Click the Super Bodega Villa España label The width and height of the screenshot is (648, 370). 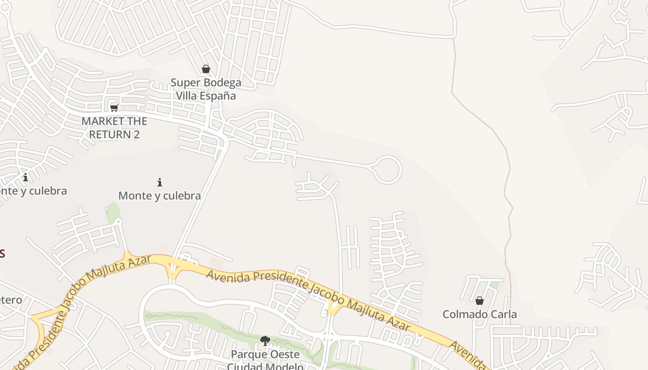[206, 89]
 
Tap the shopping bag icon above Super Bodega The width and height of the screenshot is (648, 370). [206, 69]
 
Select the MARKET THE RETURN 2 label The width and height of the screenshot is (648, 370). [114, 128]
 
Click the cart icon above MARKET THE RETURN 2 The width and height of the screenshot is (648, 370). [114, 108]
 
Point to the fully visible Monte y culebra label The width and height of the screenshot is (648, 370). [160, 196]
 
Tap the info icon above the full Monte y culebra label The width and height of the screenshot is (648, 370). [160, 182]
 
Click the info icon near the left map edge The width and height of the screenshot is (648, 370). [25, 177]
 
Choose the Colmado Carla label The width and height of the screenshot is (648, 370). [480, 314]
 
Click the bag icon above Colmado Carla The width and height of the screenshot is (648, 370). [480, 301]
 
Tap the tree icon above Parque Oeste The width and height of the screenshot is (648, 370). [265, 341]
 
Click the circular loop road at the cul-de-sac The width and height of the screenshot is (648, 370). [387, 170]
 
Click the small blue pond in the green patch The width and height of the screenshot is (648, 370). [107, 211]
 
